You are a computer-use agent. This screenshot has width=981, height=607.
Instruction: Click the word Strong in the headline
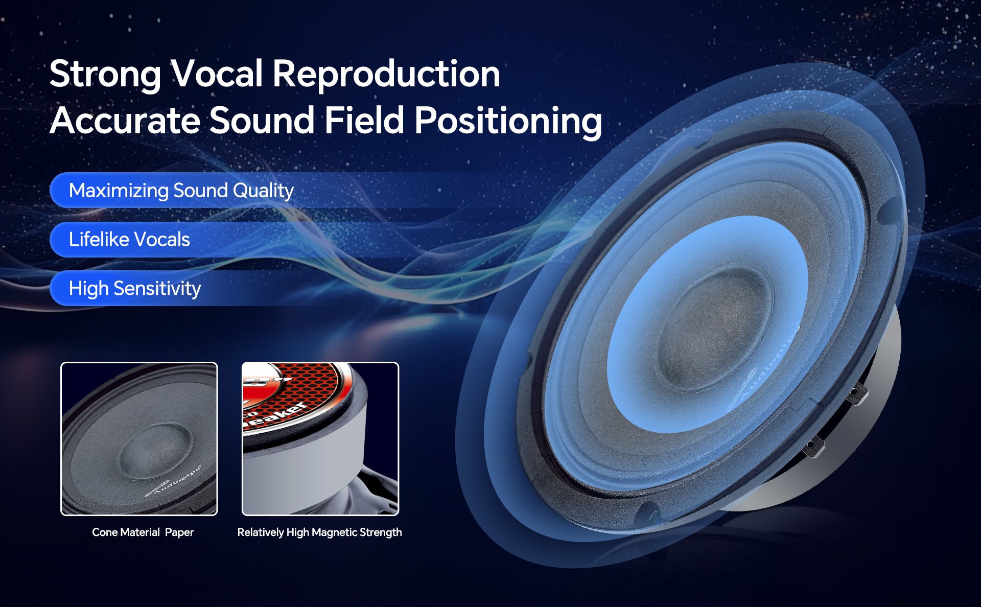click(105, 75)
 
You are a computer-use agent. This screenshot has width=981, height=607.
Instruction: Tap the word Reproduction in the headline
click(386, 75)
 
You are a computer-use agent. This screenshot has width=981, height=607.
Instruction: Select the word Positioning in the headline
click(508, 122)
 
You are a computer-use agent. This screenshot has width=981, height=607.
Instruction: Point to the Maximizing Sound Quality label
click(181, 191)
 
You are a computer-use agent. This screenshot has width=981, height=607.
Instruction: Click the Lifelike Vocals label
click(129, 240)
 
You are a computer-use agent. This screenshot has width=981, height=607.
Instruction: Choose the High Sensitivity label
click(134, 289)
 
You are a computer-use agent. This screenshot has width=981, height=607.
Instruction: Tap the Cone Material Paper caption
click(143, 532)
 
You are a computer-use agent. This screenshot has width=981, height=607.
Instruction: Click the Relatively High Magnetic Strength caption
click(319, 532)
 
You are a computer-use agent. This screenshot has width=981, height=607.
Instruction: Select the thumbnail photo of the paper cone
click(139, 439)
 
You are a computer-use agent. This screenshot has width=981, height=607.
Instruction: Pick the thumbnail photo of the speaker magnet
click(320, 439)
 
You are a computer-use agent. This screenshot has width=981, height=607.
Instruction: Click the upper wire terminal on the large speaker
click(856, 394)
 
